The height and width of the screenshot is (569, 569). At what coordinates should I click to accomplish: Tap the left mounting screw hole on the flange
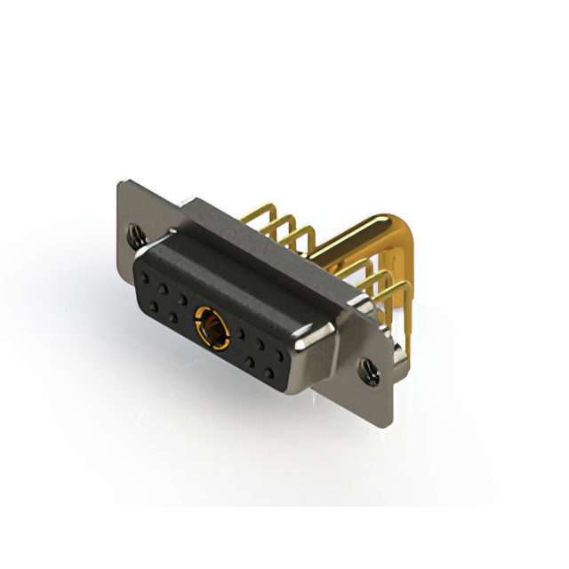tap(137, 236)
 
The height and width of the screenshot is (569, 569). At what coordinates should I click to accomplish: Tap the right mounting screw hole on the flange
tap(367, 366)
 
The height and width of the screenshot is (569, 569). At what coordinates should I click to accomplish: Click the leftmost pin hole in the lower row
tap(155, 306)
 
